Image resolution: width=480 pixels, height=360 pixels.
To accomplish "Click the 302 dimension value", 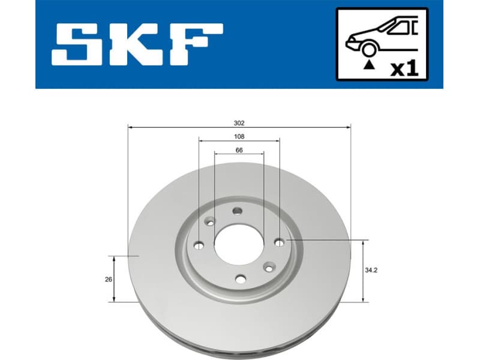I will coord(239,122).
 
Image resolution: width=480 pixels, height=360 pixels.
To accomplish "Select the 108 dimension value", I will coord(239,136).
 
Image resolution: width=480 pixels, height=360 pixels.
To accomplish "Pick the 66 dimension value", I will coord(239,150).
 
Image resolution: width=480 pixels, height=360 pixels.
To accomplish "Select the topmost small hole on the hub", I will coord(237,211).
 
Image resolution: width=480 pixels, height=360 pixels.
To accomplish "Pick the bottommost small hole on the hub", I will coord(241,278).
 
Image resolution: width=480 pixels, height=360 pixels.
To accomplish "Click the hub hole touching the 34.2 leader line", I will coord(279,241).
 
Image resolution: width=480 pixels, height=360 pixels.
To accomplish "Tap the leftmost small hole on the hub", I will coord(199,245).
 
